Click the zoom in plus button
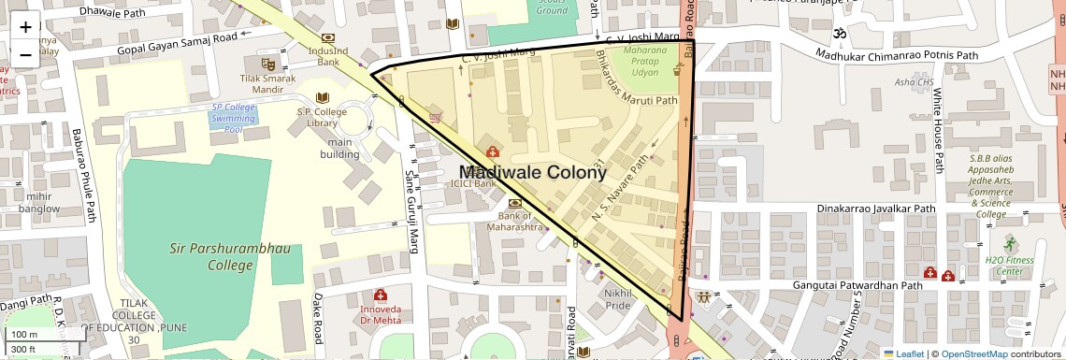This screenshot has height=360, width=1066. point(25,26)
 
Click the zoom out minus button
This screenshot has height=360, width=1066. point(25,54)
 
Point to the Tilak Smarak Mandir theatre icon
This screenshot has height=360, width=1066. point(267,65)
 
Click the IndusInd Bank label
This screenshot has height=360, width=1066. point(327,56)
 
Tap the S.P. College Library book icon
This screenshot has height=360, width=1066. point(324,98)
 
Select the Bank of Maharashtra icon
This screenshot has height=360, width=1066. point(514,203)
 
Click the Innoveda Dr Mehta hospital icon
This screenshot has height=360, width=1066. point(380,295)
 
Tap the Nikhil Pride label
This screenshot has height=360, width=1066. point(618,299)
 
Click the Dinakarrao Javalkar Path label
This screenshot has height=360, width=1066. point(876,209)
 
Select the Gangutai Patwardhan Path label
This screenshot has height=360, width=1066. point(858,285)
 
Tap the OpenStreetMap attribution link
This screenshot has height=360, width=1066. point(973,353)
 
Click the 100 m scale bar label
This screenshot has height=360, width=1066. point(24,335)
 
